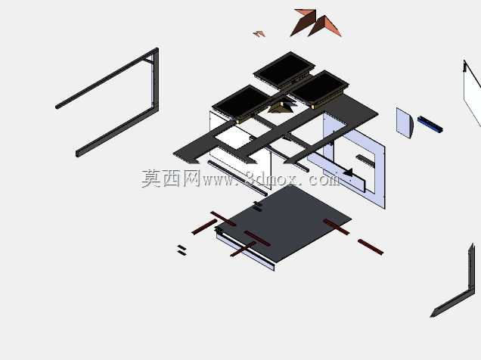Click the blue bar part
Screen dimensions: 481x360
point(430,124)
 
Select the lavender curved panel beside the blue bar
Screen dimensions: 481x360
point(405,123)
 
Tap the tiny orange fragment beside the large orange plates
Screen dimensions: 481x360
point(259,34)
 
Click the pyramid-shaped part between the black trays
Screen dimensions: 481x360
point(281,107)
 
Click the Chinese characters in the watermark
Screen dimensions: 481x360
point(171,178)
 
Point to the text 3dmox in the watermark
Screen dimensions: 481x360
point(271,180)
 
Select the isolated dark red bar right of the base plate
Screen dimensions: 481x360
point(371,247)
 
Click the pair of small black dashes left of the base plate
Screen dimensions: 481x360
point(182,250)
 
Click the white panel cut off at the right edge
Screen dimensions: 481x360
point(473,92)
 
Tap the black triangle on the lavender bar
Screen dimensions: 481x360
point(349,172)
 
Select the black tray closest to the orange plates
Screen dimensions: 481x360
point(284,70)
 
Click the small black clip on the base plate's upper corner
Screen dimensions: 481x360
point(257,206)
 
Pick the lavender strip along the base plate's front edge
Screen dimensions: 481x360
point(245,251)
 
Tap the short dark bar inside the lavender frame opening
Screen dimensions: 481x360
point(365,160)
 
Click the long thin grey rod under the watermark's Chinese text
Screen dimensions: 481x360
point(237,178)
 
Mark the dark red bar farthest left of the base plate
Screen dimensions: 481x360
point(203,227)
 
